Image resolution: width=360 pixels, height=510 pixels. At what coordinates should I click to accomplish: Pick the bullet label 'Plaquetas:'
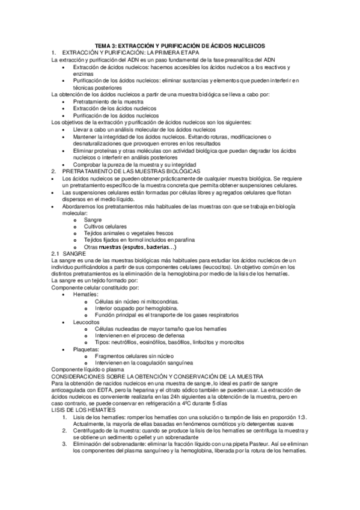pos(87,349)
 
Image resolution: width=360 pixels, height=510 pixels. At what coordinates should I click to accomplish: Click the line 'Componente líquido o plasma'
pos(88,369)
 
